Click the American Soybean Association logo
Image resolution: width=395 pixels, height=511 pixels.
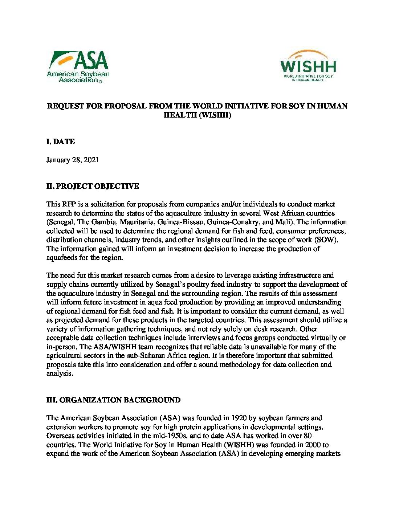click(77, 66)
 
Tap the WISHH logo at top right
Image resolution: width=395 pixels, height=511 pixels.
click(308, 66)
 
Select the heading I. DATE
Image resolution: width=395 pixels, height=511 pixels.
click(61, 142)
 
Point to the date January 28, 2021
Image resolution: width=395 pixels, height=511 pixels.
click(73, 160)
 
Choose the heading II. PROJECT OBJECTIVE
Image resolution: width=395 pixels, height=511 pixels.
click(93, 186)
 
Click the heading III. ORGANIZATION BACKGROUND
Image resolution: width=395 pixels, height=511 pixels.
click(113, 400)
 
